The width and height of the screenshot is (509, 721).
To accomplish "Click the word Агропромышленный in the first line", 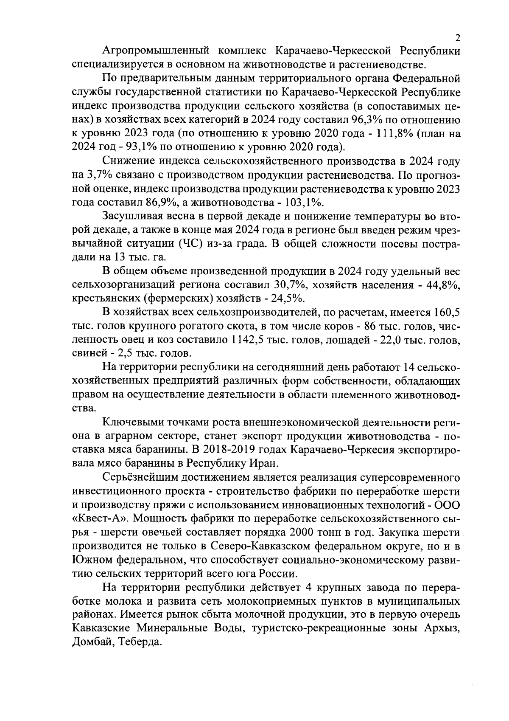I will click(157, 51).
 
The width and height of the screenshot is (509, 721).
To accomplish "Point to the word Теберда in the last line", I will click(140, 642).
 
